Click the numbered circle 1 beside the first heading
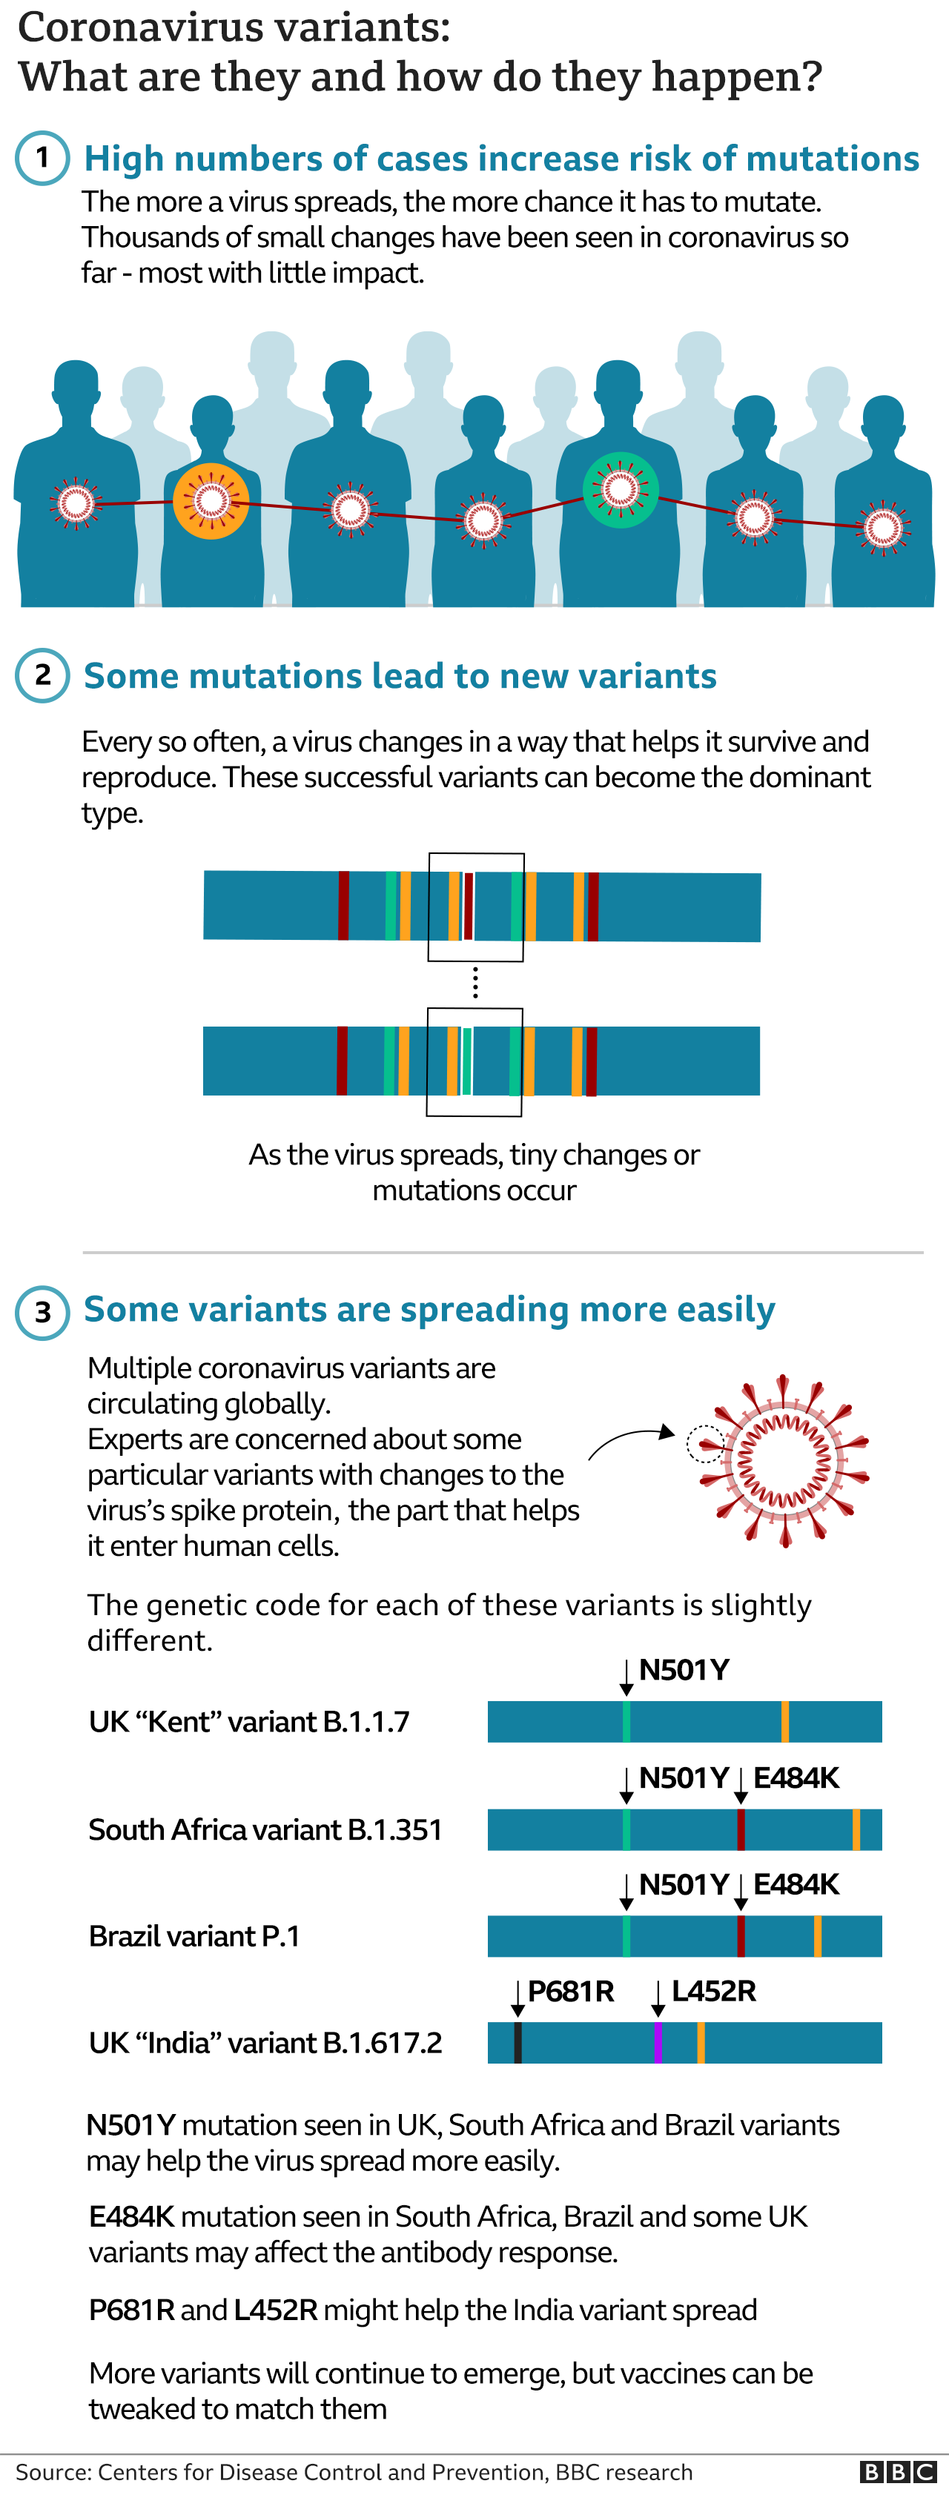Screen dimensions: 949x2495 click(x=42, y=158)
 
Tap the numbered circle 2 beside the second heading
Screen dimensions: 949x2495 click(x=42, y=675)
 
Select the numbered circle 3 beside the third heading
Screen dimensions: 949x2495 click(x=42, y=1313)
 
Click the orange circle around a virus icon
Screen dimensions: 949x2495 click(x=211, y=501)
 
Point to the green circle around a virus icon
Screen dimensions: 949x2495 click(x=621, y=490)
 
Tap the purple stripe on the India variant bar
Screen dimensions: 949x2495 click(x=658, y=2043)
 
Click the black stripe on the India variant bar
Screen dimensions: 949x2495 click(x=518, y=2043)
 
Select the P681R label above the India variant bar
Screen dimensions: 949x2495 click(x=570, y=1992)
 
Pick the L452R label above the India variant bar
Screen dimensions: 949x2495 click(x=714, y=1992)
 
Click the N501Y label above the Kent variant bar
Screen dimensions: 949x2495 click(x=684, y=1670)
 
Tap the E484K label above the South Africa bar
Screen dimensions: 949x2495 click(x=796, y=1777)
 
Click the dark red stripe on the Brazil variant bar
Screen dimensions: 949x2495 click(x=741, y=1936)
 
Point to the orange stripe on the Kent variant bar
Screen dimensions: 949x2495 click(x=784, y=1721)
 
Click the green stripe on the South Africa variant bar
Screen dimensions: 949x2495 click(x=626, y=1829)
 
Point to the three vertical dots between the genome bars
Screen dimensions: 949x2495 click(x=474, y=983)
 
